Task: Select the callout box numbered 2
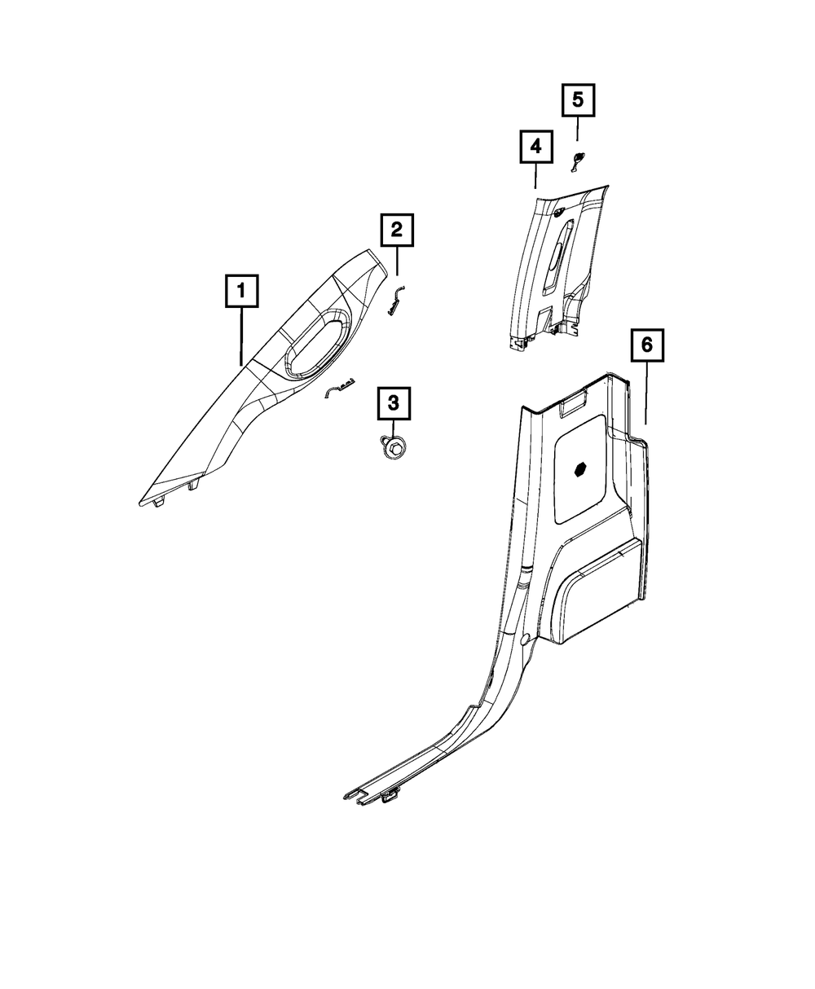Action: tap(397, 231)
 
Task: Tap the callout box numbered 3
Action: tap(394, 402)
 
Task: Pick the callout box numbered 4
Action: tap(535, 147)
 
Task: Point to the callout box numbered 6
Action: tap(646, 345)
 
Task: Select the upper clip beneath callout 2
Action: tap(396, 301)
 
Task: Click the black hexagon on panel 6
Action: tap(581, 470)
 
